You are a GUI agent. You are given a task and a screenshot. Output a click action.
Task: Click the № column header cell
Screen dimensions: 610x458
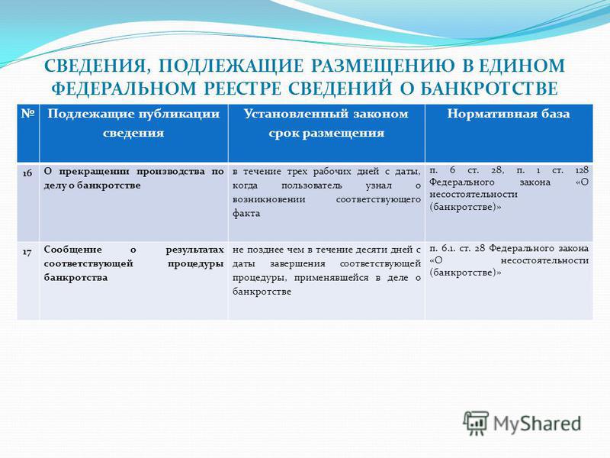pos(27,133)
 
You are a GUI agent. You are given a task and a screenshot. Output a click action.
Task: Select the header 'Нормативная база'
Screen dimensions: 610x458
pos(509,114)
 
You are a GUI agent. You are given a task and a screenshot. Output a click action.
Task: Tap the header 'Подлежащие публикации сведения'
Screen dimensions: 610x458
pos(133,123)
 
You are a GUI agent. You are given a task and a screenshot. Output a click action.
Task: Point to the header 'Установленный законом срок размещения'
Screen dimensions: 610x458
pos(326,123)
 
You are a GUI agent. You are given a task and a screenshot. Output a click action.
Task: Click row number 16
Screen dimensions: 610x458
pos(27,173)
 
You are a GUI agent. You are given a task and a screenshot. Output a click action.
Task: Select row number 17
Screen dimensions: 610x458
pos(27,253)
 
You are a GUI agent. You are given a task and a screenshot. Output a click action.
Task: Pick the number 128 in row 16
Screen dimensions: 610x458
pos(582,170)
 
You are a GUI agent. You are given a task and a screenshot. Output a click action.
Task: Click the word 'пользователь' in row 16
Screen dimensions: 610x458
pos(312,185)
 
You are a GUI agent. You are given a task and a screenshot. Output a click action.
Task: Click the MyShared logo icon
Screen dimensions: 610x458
pos(476,423)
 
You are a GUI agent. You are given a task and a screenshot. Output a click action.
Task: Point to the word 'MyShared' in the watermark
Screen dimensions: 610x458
pos(538,424)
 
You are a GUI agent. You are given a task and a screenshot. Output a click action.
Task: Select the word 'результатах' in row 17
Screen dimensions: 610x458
pos(195,250)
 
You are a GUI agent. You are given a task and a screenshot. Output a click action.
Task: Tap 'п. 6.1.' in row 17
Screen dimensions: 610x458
pos(443,249)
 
